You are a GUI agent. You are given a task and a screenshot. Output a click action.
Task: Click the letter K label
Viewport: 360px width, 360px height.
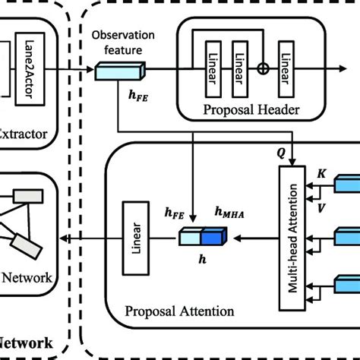[321, 173]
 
